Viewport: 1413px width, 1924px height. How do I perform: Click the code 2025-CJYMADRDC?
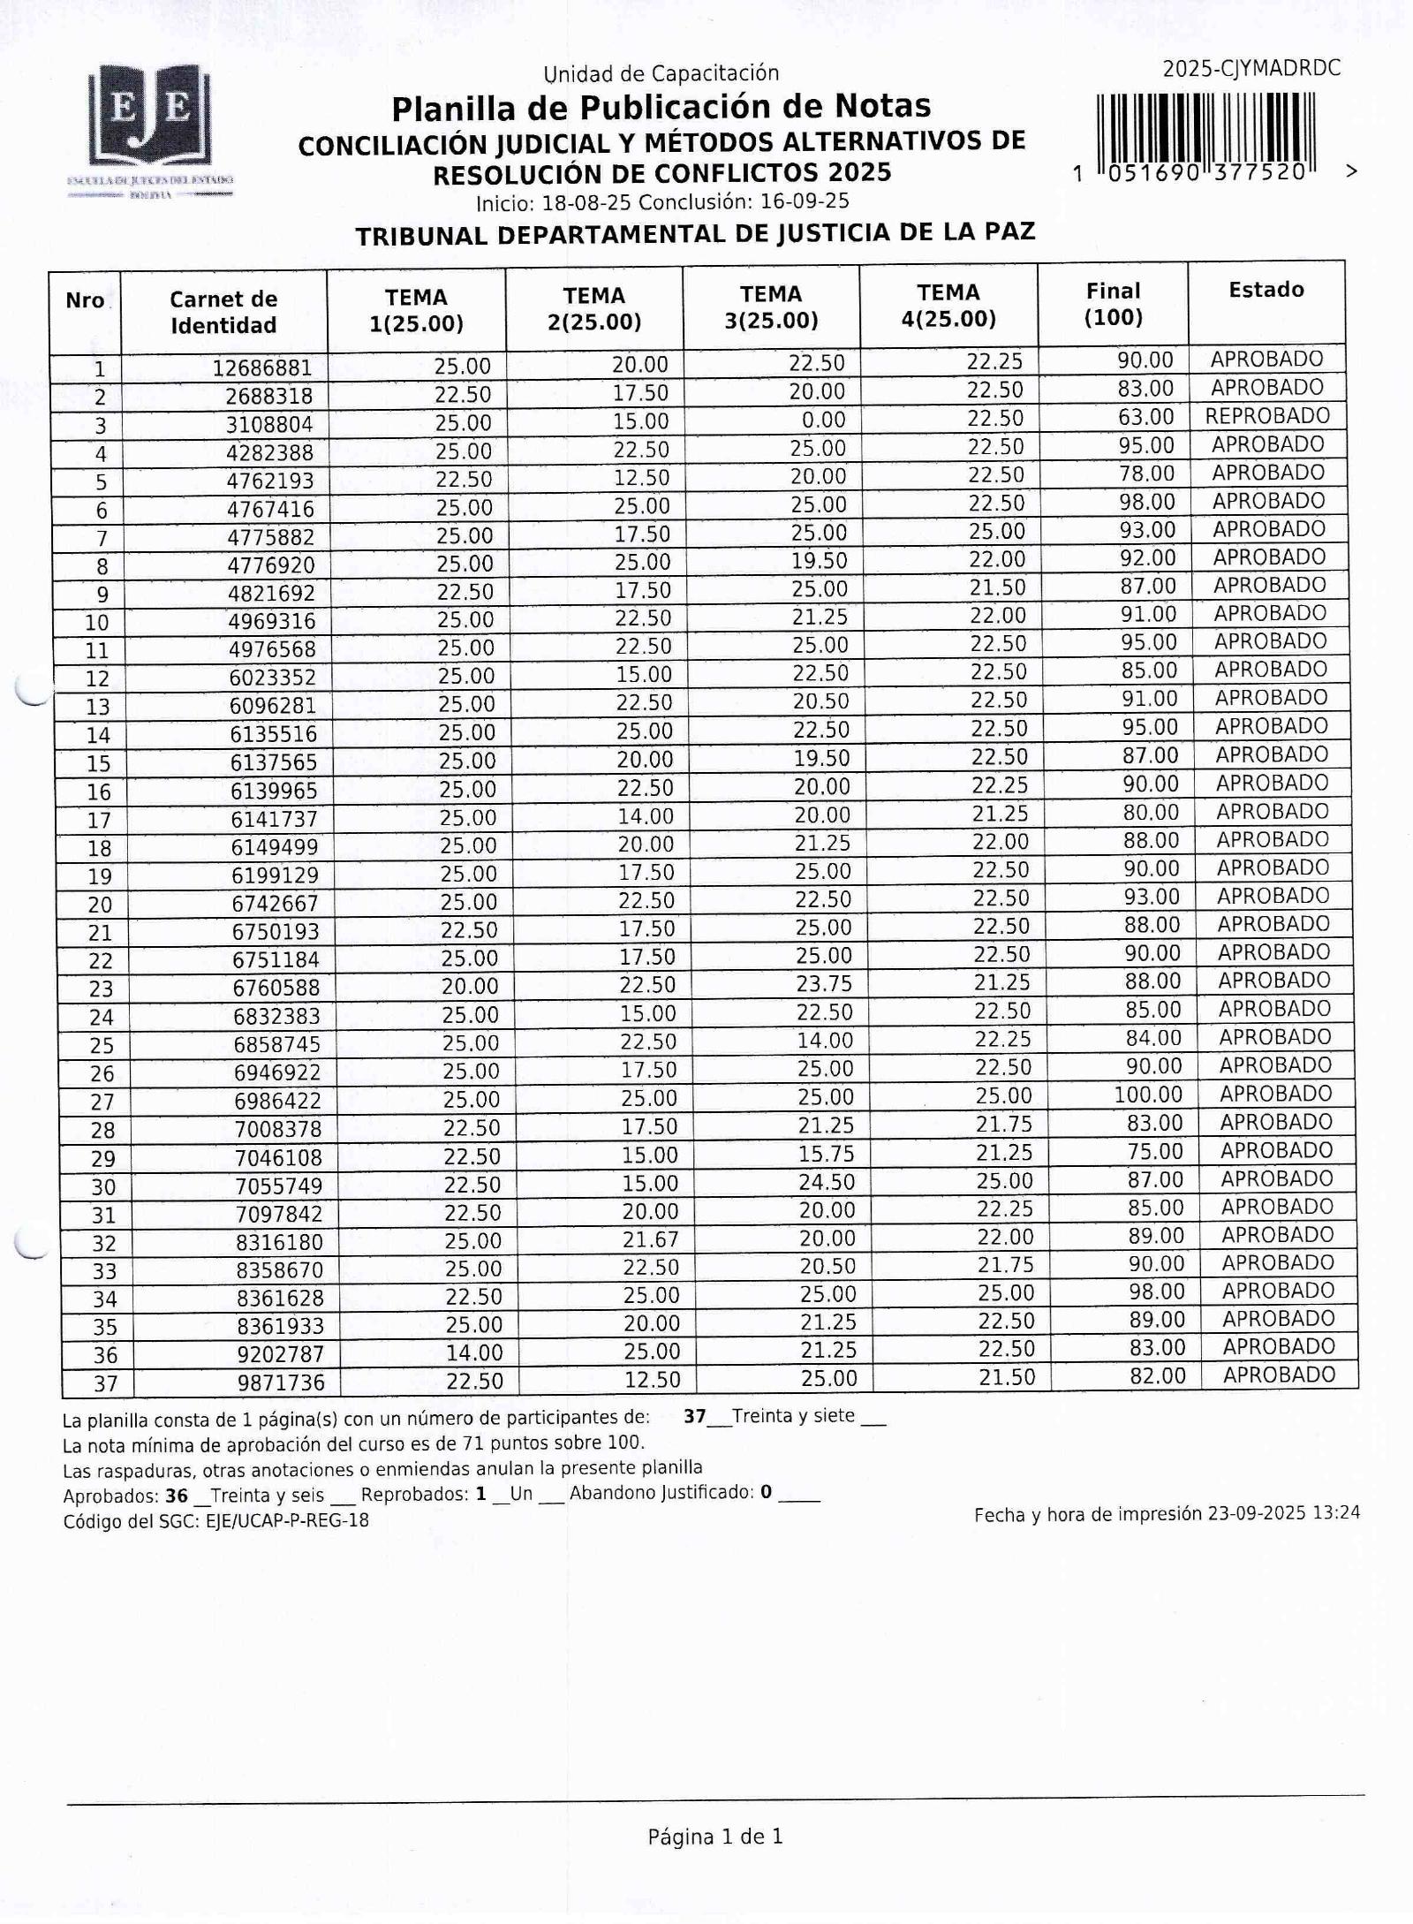[1251, 69]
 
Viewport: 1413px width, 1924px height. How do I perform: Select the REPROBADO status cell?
[1267, 416]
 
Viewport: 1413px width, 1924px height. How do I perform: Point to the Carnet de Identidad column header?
[223, 312]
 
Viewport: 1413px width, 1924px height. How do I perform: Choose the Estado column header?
[1266, 290]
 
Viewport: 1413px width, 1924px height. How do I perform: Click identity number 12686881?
[262, 367]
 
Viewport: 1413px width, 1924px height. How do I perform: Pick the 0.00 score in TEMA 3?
[820, 420]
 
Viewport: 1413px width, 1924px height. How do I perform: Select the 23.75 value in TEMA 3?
[823, 984]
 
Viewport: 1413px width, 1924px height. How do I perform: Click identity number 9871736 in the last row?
[280, 1382]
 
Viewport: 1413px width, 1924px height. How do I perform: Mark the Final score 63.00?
[1146, 417]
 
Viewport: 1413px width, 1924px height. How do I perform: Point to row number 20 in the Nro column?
[100, 905]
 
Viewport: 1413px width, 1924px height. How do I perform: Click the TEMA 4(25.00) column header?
[948, 306]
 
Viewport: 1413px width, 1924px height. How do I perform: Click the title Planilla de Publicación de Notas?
[661, 107]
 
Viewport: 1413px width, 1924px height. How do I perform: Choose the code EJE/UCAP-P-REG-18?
[287, 1521]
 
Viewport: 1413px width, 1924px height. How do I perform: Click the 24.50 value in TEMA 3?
[827, 1182]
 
